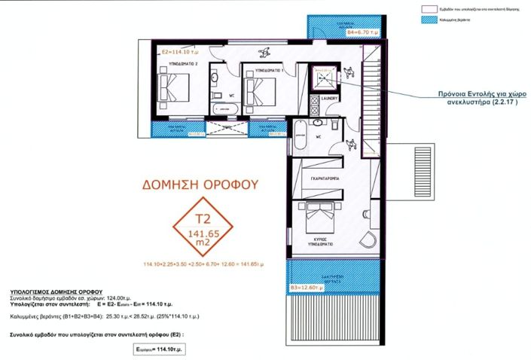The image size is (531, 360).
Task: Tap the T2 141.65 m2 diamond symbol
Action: tap(199, 227)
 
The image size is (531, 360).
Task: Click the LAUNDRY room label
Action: tap(330, 98)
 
